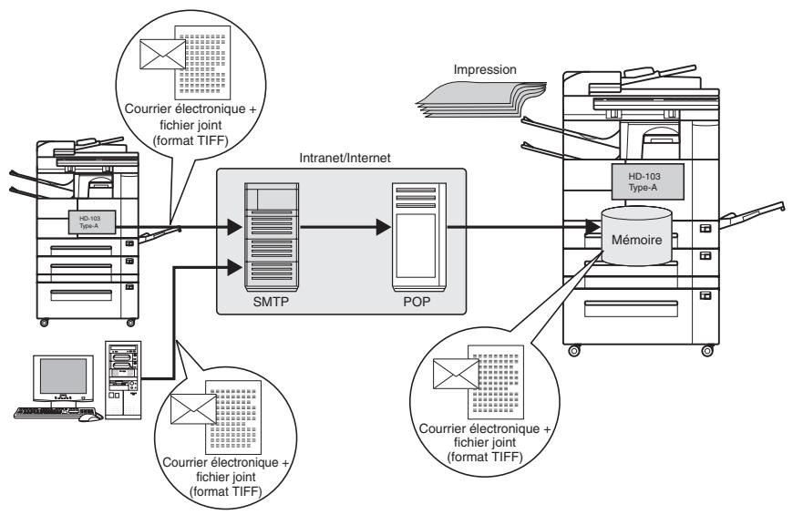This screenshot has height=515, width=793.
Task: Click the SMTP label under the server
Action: (271, 302)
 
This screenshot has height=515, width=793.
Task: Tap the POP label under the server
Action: (417, 302)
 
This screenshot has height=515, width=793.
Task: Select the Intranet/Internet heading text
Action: (345, 158)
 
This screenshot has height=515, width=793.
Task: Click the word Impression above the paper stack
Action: (485, 70)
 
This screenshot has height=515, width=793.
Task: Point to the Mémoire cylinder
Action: (637, 236)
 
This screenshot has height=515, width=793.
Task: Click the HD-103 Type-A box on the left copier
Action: (91, 222)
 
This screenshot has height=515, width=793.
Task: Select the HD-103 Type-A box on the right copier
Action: (648, 181)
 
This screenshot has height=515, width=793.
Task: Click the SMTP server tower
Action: (272, 236)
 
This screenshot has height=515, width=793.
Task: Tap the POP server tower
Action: (419, 237)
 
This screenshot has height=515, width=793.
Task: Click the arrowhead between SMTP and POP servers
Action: (384, 227)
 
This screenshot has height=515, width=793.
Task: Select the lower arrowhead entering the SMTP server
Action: (234, 267)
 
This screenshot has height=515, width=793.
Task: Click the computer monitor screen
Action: (63, 376)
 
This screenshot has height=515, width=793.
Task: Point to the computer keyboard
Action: (56, 412)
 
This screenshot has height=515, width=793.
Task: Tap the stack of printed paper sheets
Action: (482, 99)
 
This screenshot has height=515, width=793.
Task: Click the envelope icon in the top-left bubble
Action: (163, 54)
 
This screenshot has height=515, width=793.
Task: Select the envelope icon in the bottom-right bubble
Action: (456, 374)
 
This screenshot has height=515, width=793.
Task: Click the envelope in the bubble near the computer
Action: (194, 409)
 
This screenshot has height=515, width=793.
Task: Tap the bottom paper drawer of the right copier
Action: (631, 309)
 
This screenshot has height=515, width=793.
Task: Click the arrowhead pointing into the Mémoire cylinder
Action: (592, 227)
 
